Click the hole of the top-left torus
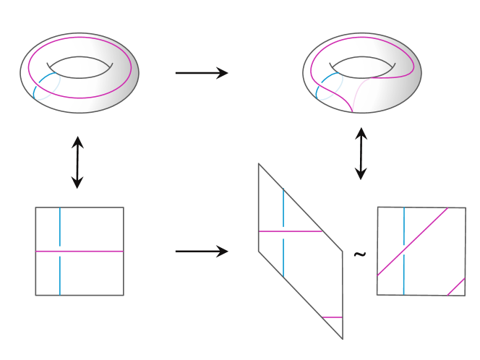[80, 67]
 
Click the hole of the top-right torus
[362, 67]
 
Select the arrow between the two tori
[201, 72]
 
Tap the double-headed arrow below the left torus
[77, 163]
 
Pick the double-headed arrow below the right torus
[361, 154]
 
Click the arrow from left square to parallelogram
[201, 252]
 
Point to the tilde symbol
[359, 255]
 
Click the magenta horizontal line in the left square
[80, 251]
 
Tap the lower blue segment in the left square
[60, 275]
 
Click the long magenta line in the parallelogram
[289, 231]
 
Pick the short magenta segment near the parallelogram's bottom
[332, 317]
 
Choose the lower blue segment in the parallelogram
[283, 259]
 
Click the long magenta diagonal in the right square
[412, 242]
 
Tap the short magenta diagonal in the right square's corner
[455, 286]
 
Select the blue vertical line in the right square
[403, 251]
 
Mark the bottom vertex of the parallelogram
[342, 338]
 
